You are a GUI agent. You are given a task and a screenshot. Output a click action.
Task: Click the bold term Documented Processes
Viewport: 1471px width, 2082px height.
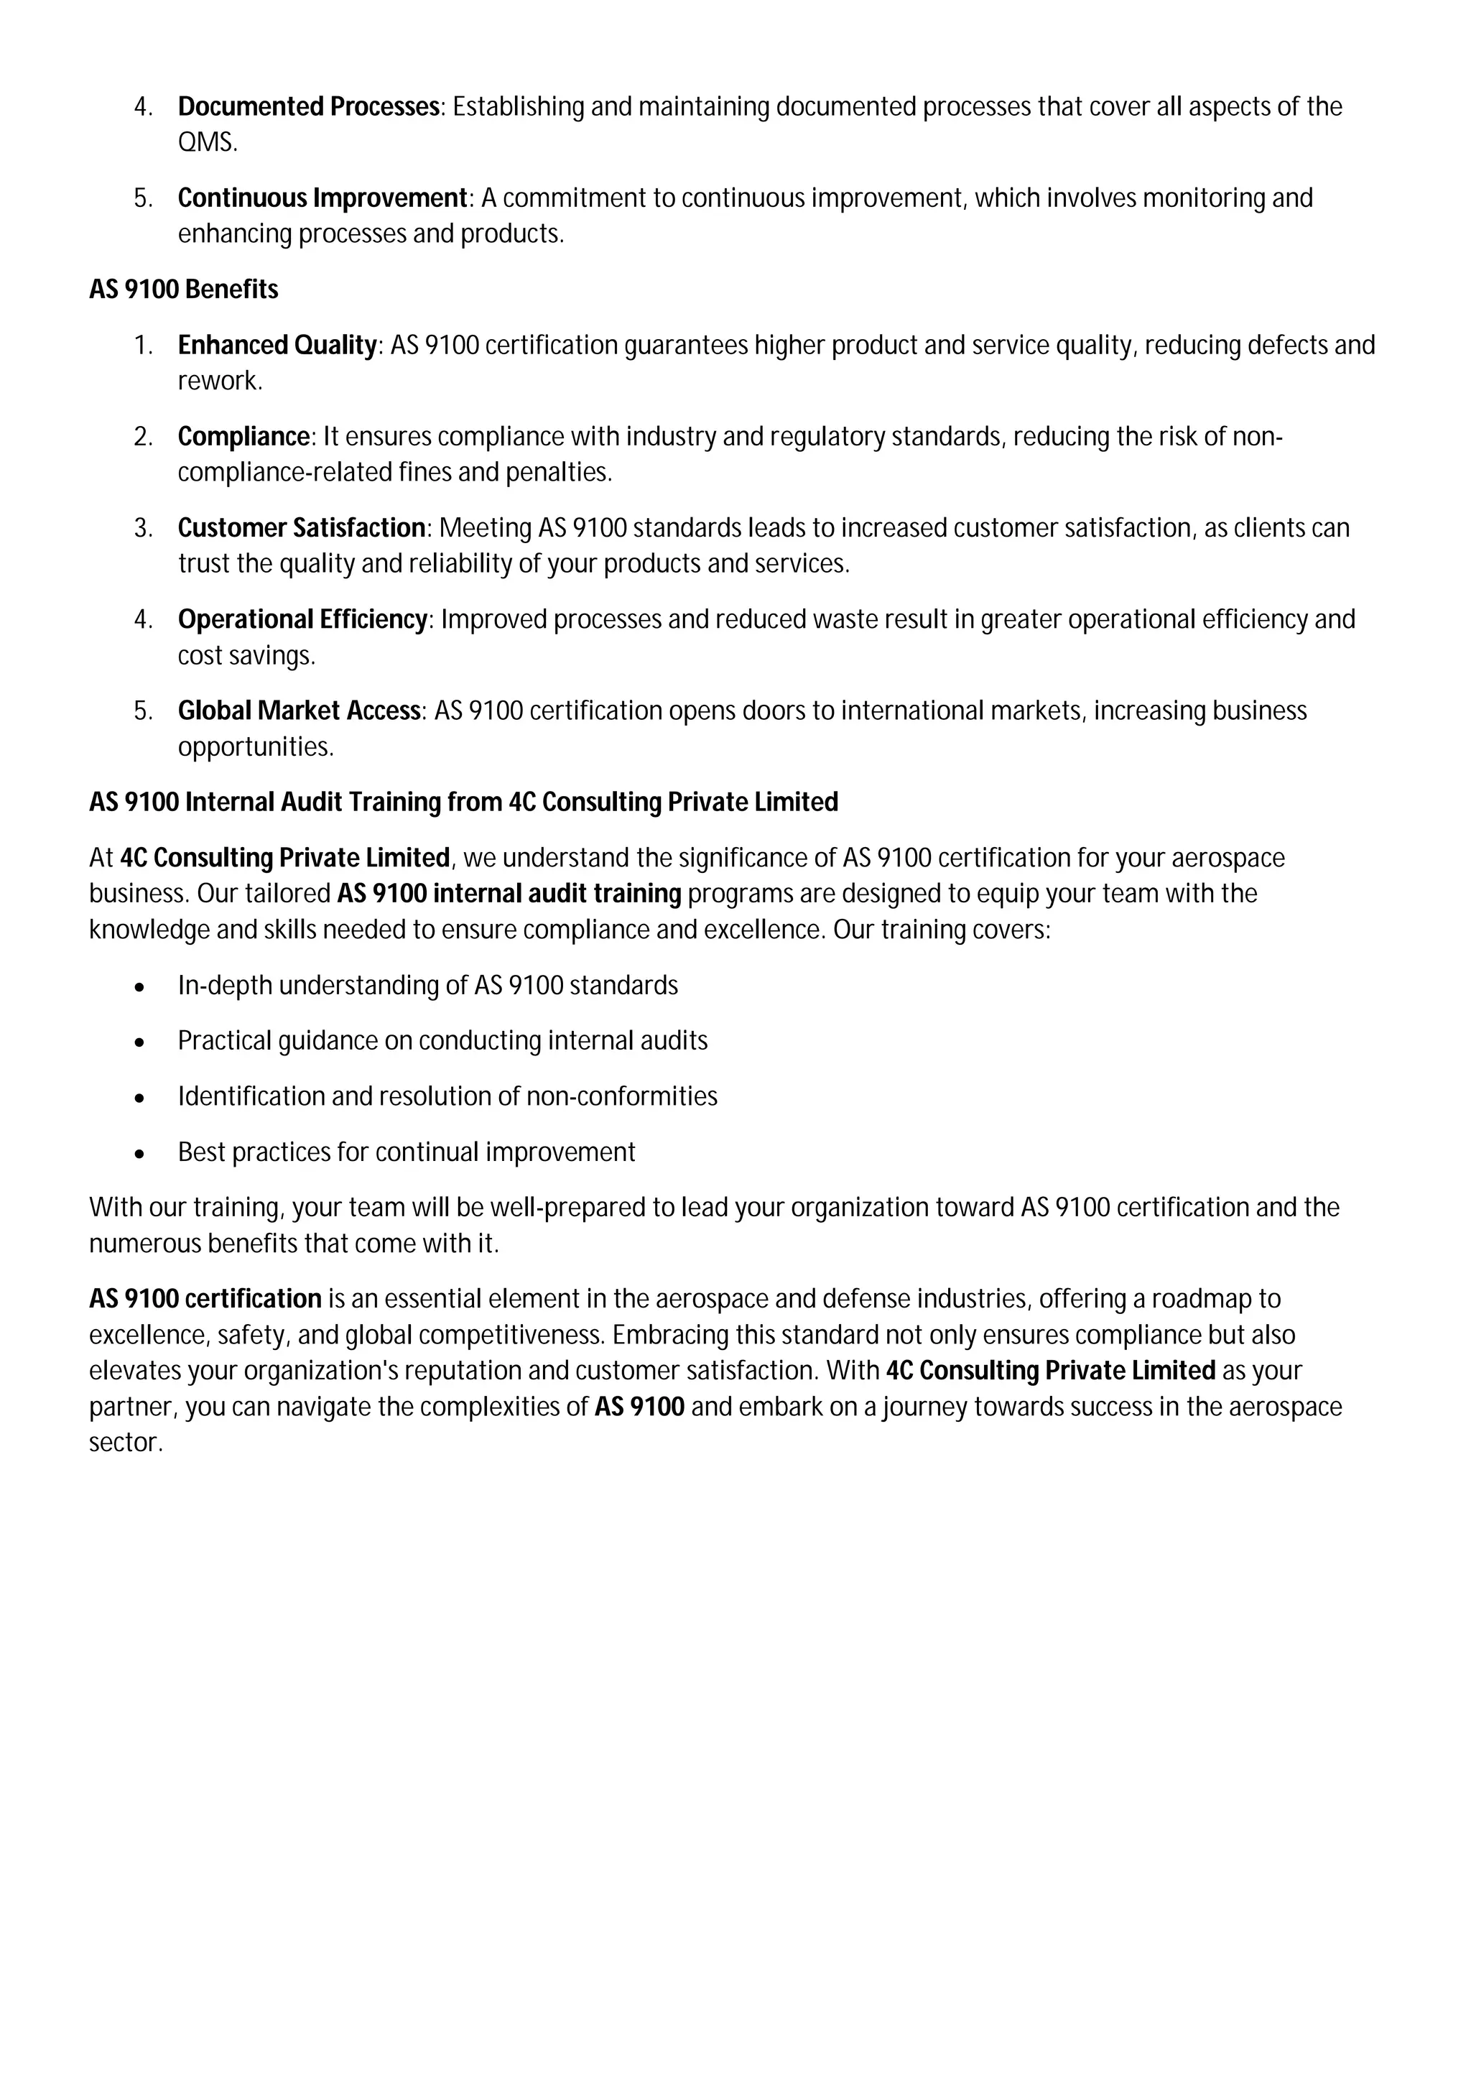click(x=308, y=107)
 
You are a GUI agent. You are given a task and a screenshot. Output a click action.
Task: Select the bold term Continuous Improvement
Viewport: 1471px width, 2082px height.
click(x=322, y=198)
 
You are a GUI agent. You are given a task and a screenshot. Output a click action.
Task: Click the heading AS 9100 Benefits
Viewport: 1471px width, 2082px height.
click(x=183, y=290)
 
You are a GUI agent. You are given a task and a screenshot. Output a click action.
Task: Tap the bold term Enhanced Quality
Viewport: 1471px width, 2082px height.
click(x=277, y=346)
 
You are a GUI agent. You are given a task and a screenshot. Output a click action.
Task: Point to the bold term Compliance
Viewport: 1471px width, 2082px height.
click(x=243, y=437)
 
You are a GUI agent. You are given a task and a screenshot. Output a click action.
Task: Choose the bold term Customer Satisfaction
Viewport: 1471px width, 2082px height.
click(x=301, y=528)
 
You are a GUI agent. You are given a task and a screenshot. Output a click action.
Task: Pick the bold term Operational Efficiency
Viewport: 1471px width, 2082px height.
click(x=302, y=619)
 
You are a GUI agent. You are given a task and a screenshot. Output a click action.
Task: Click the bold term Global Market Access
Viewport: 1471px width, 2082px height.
click(x=299, y=711)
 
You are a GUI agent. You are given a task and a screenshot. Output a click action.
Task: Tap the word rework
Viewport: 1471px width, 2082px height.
click(x=218, y=381)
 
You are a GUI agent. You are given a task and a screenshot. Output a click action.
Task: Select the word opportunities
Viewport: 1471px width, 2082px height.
click(x=255, y=747)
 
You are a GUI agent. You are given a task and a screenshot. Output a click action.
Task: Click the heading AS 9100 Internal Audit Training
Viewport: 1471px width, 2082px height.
click(x=463, y=802)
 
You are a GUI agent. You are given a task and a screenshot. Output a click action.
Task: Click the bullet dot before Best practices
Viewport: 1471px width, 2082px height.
click(x=139, y=1155)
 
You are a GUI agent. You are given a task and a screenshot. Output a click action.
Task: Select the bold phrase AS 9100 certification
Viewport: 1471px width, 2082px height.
click(x=205, y=1300)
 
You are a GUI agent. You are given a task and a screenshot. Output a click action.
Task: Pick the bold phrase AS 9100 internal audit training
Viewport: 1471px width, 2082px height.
click(x=509, y=894)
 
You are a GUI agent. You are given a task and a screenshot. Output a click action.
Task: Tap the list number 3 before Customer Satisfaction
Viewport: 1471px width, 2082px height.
click(x=142, y=529)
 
